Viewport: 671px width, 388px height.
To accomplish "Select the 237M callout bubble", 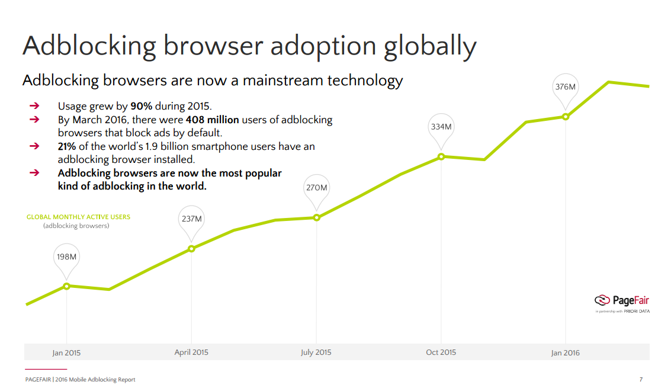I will tap(191, 219).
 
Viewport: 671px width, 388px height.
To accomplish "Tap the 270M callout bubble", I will tap(316, 188).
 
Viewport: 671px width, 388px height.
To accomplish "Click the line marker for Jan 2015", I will tap(66, 286).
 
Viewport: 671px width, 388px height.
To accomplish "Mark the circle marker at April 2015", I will tap(191, 249).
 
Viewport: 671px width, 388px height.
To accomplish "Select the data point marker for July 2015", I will tap(316, 217).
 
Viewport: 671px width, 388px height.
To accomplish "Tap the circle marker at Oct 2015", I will tap(441, 157).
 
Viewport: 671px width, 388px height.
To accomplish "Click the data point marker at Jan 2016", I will tap(566, 117).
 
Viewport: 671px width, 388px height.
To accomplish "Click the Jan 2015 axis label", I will tap(66, 353).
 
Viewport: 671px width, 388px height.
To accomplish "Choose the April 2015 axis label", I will tap(191, 352).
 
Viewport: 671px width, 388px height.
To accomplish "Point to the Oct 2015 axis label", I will tap(441, 352).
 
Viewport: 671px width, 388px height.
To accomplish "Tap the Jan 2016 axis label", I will tap(566, 353).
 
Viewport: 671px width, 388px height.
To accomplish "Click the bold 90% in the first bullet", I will tap(142, 107).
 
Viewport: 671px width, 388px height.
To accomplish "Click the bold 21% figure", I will tap(68, 146).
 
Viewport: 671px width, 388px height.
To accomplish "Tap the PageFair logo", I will tap(622, 300).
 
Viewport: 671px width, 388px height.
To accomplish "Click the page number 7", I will tap(641, 380).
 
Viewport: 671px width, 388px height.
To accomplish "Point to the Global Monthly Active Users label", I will tap(78, 217).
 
